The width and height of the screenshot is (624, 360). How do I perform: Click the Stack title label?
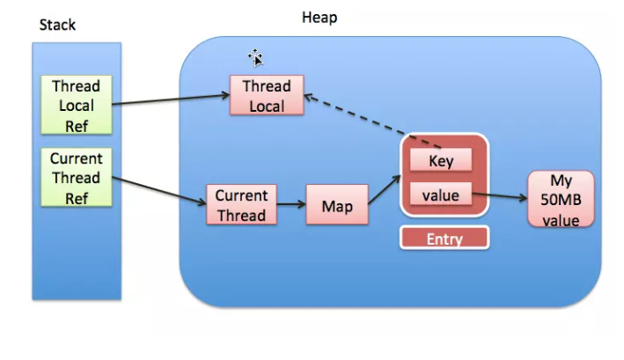[x=59, y=24]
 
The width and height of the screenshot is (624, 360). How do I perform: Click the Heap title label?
[x=319, y=17]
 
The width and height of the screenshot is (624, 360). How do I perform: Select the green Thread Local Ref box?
[x=77, y=105]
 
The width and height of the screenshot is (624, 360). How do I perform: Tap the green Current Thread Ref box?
[x=77, y=178]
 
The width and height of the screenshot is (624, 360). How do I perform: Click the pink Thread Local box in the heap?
[x=267, y=95]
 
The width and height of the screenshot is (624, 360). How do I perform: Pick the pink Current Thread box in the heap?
[x=241, y=205]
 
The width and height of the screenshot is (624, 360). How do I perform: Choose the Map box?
[x=337, y=207]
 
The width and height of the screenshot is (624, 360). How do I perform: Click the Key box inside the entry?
[x=441, y=161]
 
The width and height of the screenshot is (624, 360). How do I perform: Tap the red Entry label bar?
[x=444, y=239]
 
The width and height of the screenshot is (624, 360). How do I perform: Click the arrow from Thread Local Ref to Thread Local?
[x=172, y=96]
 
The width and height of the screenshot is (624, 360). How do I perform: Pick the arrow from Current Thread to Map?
[x=291, y=207]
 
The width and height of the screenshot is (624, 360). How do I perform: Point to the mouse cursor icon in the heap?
[x=256, y=58]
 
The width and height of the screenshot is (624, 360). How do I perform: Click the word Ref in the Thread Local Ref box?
[x=77, y=124]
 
